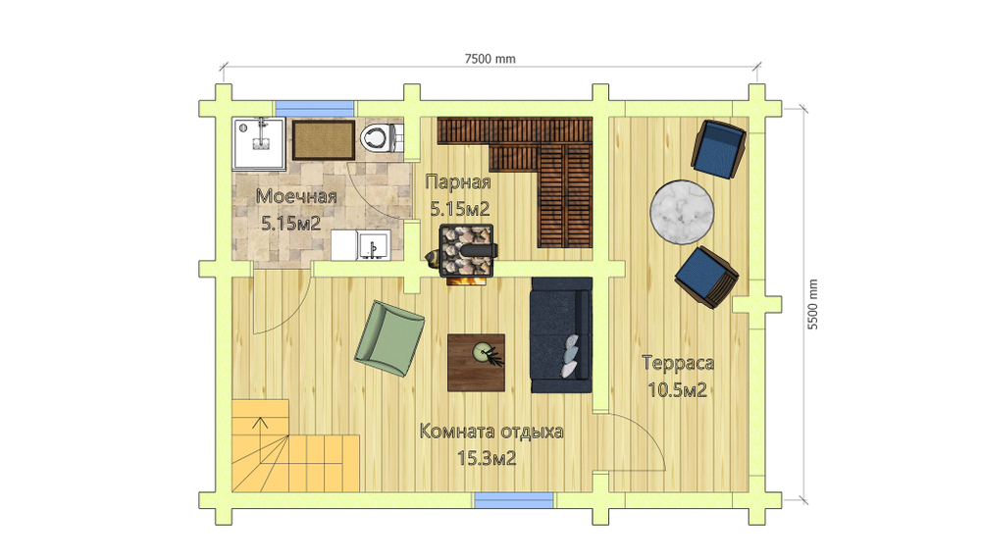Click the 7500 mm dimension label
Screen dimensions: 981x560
click(x=490, y=59)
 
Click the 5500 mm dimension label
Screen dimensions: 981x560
click(x=812, y=305)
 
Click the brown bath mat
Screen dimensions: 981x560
click(x=324, y=139)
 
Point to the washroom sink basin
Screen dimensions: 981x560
click(x=374, y=245)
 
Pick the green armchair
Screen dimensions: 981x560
click(x=389, y=338)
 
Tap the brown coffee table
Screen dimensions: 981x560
click(x=476, y=363)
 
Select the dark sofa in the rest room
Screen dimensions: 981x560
click(x=561, y=335)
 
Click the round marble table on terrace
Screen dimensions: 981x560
click(x=682, y=212)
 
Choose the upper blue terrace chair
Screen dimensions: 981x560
click(x=718, y=149)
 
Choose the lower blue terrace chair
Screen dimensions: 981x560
click(x=706, y=277)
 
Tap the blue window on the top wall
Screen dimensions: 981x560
click(x=315, y=108)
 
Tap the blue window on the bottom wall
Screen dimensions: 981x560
click(x=514, y=500)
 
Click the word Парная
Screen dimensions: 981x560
click(x=458, y=182)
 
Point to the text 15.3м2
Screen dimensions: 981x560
click(x=487, y=459)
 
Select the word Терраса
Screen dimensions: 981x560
click(x=678, y=363)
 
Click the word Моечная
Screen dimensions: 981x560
click(x=296, y=196)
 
